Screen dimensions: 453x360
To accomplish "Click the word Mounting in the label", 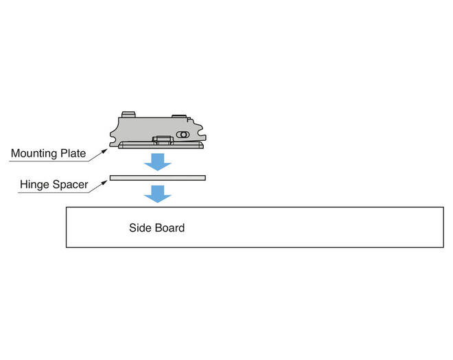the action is (34, 153).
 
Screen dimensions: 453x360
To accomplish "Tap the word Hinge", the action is (34, 185).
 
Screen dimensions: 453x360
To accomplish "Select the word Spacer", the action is (70, 185).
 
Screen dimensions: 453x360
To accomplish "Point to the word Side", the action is (140, 228).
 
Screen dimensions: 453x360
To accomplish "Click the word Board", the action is (170, 228).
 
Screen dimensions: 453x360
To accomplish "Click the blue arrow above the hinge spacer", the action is (158, 162).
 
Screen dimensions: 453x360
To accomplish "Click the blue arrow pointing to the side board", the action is (158, 194).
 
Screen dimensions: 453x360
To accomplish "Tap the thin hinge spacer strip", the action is (158, 178).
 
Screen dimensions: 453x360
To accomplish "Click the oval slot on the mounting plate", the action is (183, 135).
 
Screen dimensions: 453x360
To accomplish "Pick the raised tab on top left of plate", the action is (128, 115).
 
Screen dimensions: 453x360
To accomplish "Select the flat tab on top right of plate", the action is (179, 116).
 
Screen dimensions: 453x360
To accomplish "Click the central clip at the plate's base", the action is (163, 140).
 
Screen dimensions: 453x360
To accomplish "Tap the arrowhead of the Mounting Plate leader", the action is (104, 151).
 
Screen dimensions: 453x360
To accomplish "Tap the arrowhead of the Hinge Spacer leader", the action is (104, 183).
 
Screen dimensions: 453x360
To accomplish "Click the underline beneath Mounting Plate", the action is (49, 161).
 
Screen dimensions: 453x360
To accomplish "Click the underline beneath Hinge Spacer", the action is (54, 192).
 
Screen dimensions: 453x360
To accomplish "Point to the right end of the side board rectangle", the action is (443, 227).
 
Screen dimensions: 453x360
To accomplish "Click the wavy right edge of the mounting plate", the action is (201, 132).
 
